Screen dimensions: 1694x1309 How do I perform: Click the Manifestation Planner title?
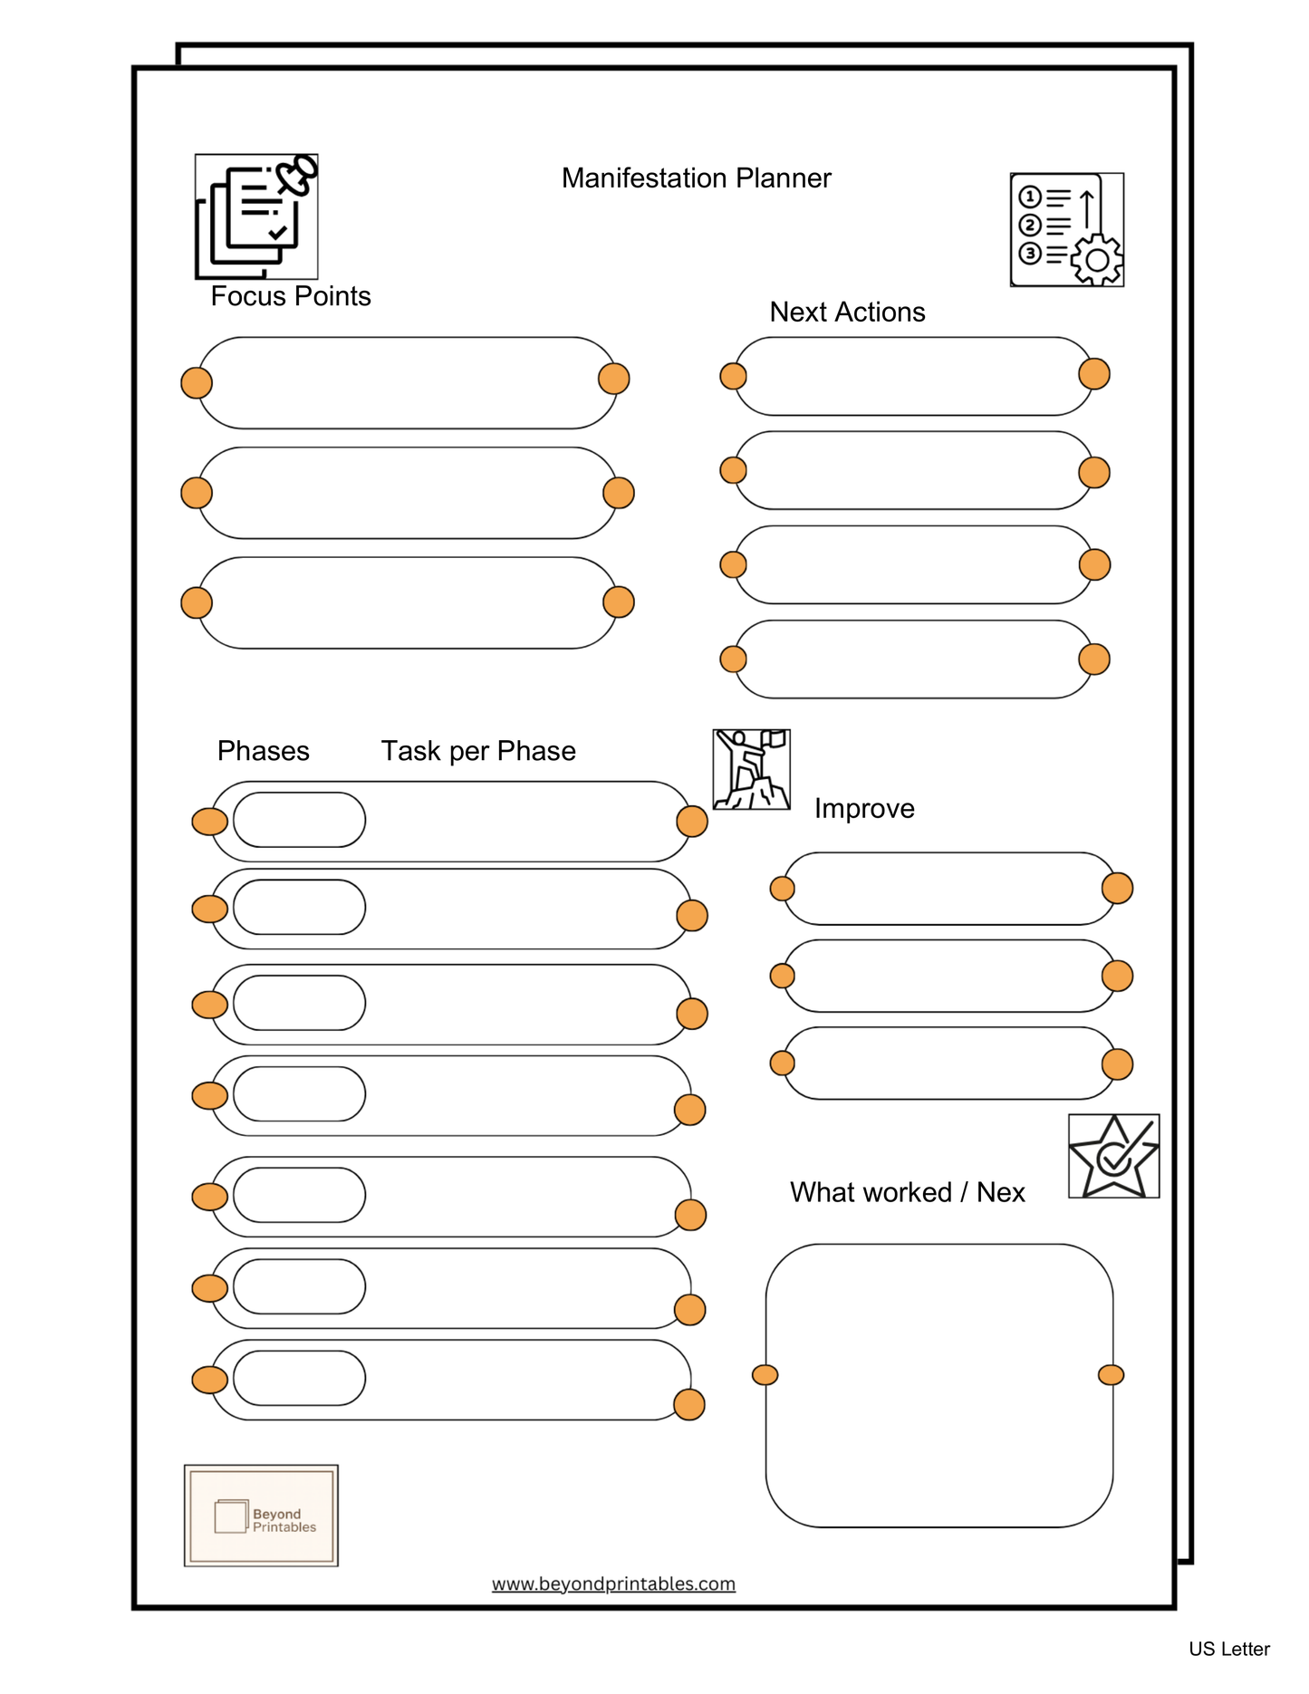tap(696, 178)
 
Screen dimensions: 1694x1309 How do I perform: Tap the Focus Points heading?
tap(290, 296)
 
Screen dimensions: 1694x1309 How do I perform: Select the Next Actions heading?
tap(847, 312)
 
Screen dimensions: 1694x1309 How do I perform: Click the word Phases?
tap(263, 751)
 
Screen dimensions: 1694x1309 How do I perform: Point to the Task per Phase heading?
tap(477, 751)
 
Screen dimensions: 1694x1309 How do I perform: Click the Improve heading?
tap(863, 808)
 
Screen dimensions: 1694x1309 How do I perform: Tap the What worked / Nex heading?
tap(907, 1192)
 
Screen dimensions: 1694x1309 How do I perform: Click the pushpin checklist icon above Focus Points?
tap(256, 217)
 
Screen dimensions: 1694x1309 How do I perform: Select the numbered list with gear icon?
tap(1066, 230)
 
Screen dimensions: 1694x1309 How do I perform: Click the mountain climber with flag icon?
tap(751, 769)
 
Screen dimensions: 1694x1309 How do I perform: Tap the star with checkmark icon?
tap(1113, 1157)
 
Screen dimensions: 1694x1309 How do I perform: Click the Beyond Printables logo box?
tap(261, 1516)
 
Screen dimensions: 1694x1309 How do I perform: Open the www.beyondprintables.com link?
tap(613, 1583)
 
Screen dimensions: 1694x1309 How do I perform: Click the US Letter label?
tap(1228, 1649)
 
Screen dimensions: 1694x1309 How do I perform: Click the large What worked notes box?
tap(938, 1386)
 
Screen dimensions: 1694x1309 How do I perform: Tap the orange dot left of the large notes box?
tap(765, 1375)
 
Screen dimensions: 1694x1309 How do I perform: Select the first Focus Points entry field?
tap(406, 382)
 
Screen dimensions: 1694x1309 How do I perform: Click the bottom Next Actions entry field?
tap(913, 659)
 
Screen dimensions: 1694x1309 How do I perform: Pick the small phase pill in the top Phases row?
tap(299, 820)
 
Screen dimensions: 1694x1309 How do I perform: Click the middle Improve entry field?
tap(948, 976)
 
